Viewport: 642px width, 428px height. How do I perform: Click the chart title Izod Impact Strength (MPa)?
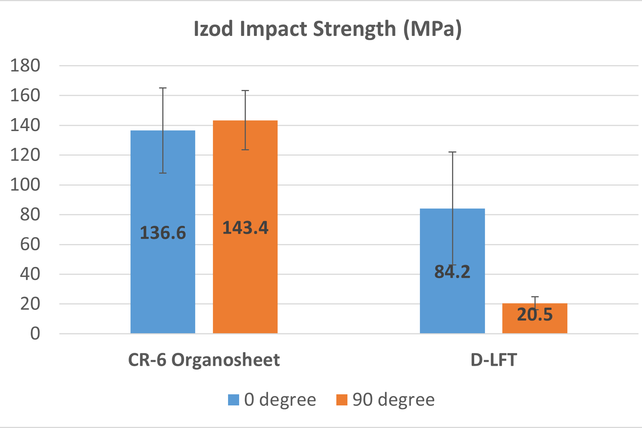point(327,29)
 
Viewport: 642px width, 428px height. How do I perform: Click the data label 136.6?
point(163,233)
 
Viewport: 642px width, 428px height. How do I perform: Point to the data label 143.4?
point(245,228)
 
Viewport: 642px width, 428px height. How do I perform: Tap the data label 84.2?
point(452,272)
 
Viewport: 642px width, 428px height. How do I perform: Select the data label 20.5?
point(534,315)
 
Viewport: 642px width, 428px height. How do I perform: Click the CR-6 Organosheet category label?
point(204,360)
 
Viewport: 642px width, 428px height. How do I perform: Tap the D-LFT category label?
point(493,360)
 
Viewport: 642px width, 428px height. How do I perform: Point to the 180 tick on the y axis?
point(25,66)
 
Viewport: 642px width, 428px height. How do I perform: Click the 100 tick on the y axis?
point(25,185)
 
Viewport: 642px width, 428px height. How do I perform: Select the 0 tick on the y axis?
point(35,334)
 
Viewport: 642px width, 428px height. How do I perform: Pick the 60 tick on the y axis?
point(30,244)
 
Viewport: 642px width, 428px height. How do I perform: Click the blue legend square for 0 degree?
point(234,400)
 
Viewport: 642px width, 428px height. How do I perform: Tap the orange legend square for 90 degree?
point(342,400)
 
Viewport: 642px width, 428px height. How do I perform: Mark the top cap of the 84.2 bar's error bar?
point(452,152)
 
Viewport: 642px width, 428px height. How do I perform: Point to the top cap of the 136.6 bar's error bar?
point(163,88)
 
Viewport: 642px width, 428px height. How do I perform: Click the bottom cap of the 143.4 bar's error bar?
point(245,150)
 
